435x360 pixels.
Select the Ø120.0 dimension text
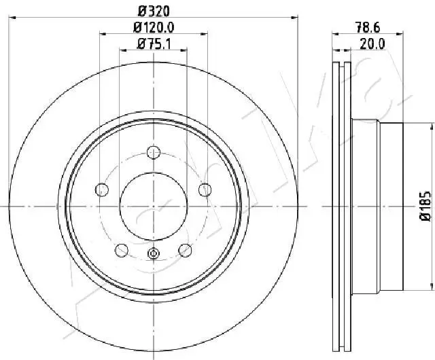[154, 27]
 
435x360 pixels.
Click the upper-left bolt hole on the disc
[103, 189]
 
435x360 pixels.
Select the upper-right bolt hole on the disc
[203, 189]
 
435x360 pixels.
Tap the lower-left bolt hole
[122, 231]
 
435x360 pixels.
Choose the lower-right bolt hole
[184, 231]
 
